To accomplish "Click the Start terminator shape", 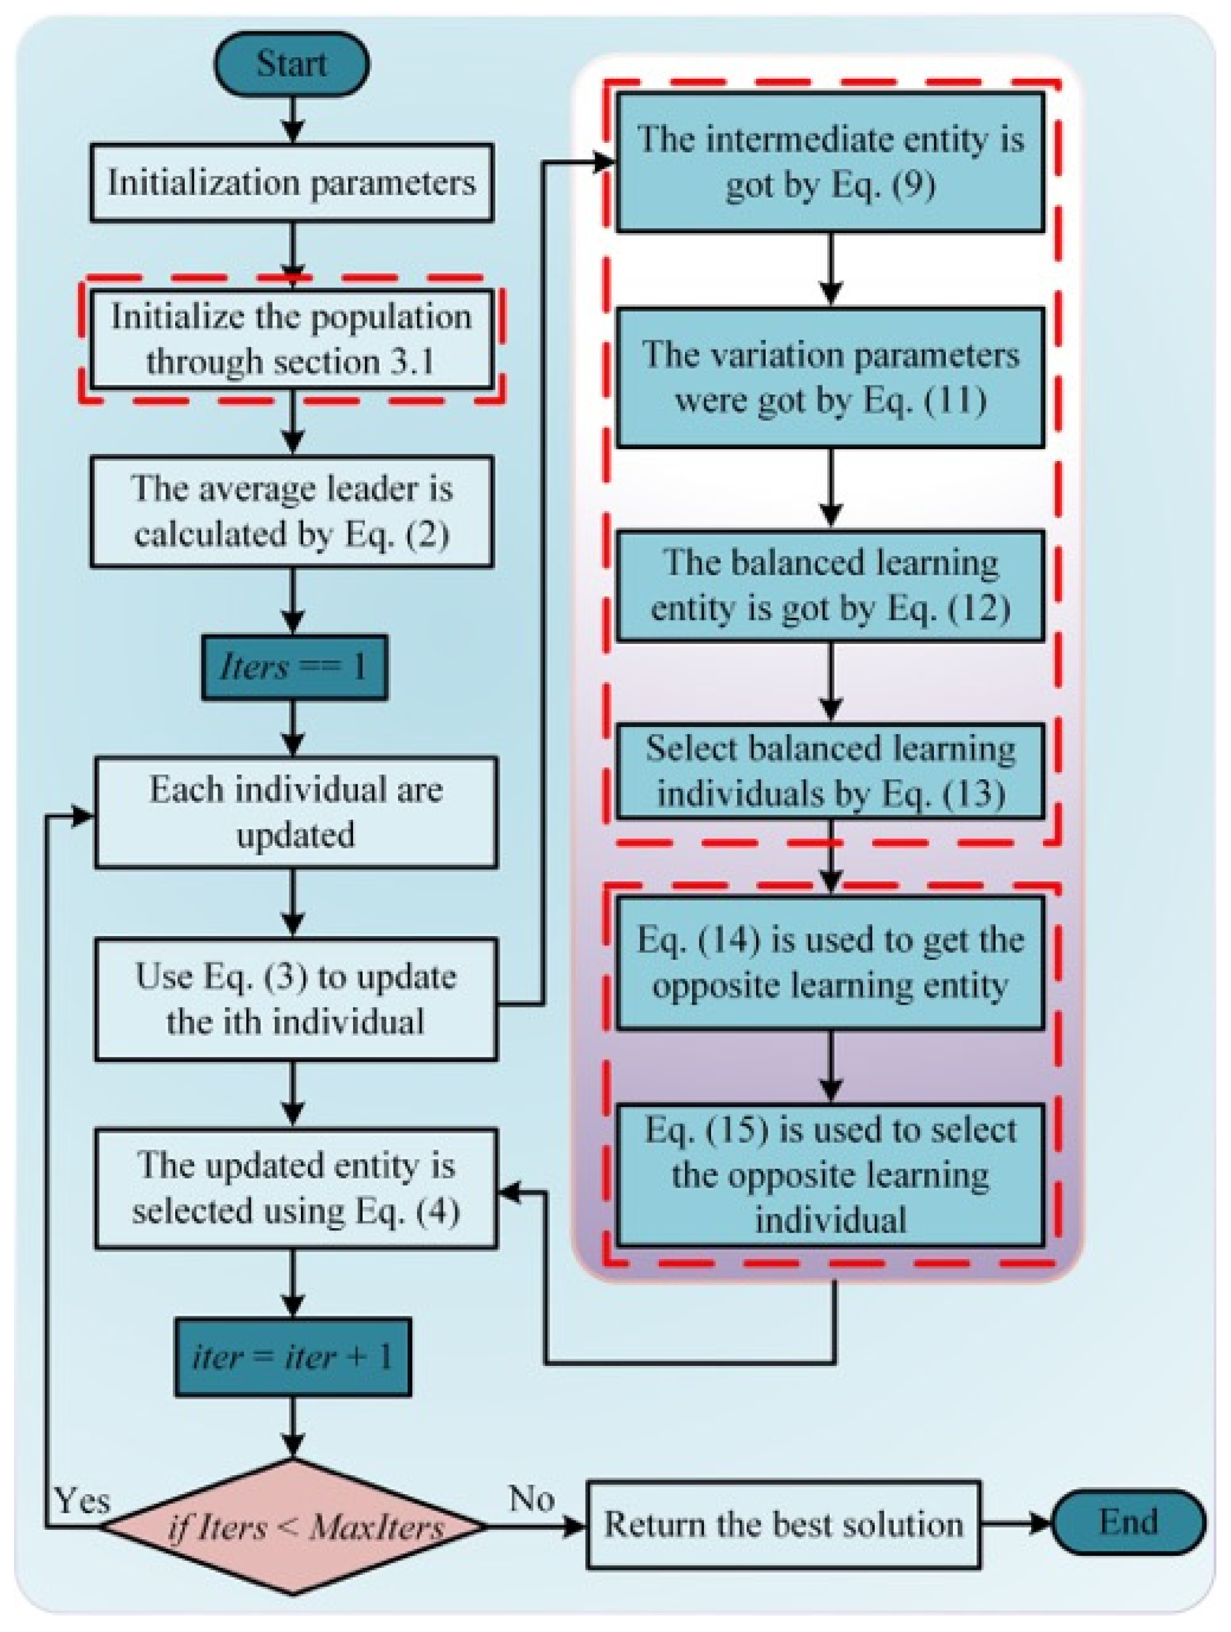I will [x=291, y=64].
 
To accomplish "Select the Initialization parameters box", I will [x=291, y=183].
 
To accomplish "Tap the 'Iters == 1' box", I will [x=293, y=667].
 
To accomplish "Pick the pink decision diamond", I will [x=293, y=1526].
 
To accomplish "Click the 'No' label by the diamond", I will [x=531, y=1499].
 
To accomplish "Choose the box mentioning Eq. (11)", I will [x=830, y=377].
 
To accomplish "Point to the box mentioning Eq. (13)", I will [x=830, y=771].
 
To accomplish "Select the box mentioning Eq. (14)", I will [x=830, y=962].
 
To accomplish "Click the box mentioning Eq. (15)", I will [x=830, y=1175].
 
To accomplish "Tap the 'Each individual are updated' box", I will [x=295, y=812].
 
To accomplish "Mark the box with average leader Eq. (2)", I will [x=291, y=511].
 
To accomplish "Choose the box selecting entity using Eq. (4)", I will [x=295, y=1188].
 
